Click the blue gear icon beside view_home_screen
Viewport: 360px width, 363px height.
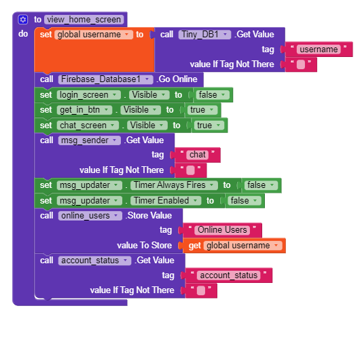pos(22,20)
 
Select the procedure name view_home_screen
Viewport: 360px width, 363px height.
pos(84,20)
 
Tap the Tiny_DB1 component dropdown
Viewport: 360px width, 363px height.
pos(204,35)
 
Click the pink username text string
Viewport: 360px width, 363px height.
pos(319,50)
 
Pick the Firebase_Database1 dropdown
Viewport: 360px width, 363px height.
pos(106,79)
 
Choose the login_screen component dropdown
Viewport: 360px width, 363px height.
pos(89,95)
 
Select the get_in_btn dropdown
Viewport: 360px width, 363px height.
pos(85,110)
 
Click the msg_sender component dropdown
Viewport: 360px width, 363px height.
pos(90,140)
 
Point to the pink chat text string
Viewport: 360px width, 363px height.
pos(198,155)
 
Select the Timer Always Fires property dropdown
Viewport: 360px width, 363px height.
pos(174,185)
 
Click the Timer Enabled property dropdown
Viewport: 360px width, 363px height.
pos(166,201)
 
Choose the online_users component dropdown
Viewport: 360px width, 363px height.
pos(90,216)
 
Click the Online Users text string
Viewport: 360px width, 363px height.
pos(222,230)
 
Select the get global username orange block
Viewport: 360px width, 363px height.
pos(234,246)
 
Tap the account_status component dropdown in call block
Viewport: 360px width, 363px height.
pos(94,261)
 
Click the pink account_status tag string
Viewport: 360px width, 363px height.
pos(228,275)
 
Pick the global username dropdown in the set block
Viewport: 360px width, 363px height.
pos(94,35)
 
